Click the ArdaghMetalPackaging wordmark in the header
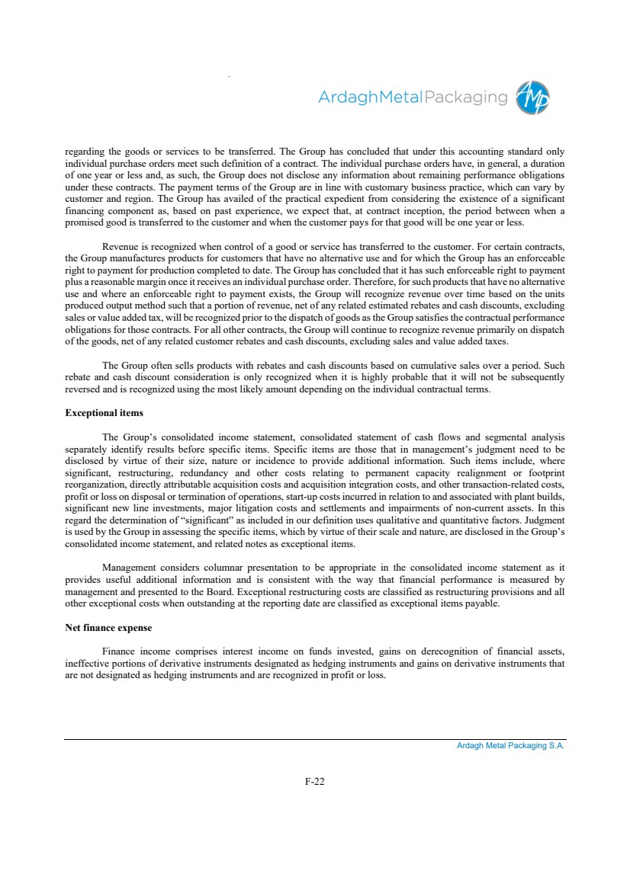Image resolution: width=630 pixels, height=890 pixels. pyautogui.click(x=412, y=98)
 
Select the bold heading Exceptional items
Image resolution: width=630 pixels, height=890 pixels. pyautogui.click(x=104, y=413)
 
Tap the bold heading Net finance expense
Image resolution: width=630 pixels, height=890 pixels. pyautogui.click(x=109, y=628)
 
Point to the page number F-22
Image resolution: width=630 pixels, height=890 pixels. pyautogui.click(x=315, y=781)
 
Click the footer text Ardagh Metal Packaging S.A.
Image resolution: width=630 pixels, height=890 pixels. pyautogui.click(x=510, y=746)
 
